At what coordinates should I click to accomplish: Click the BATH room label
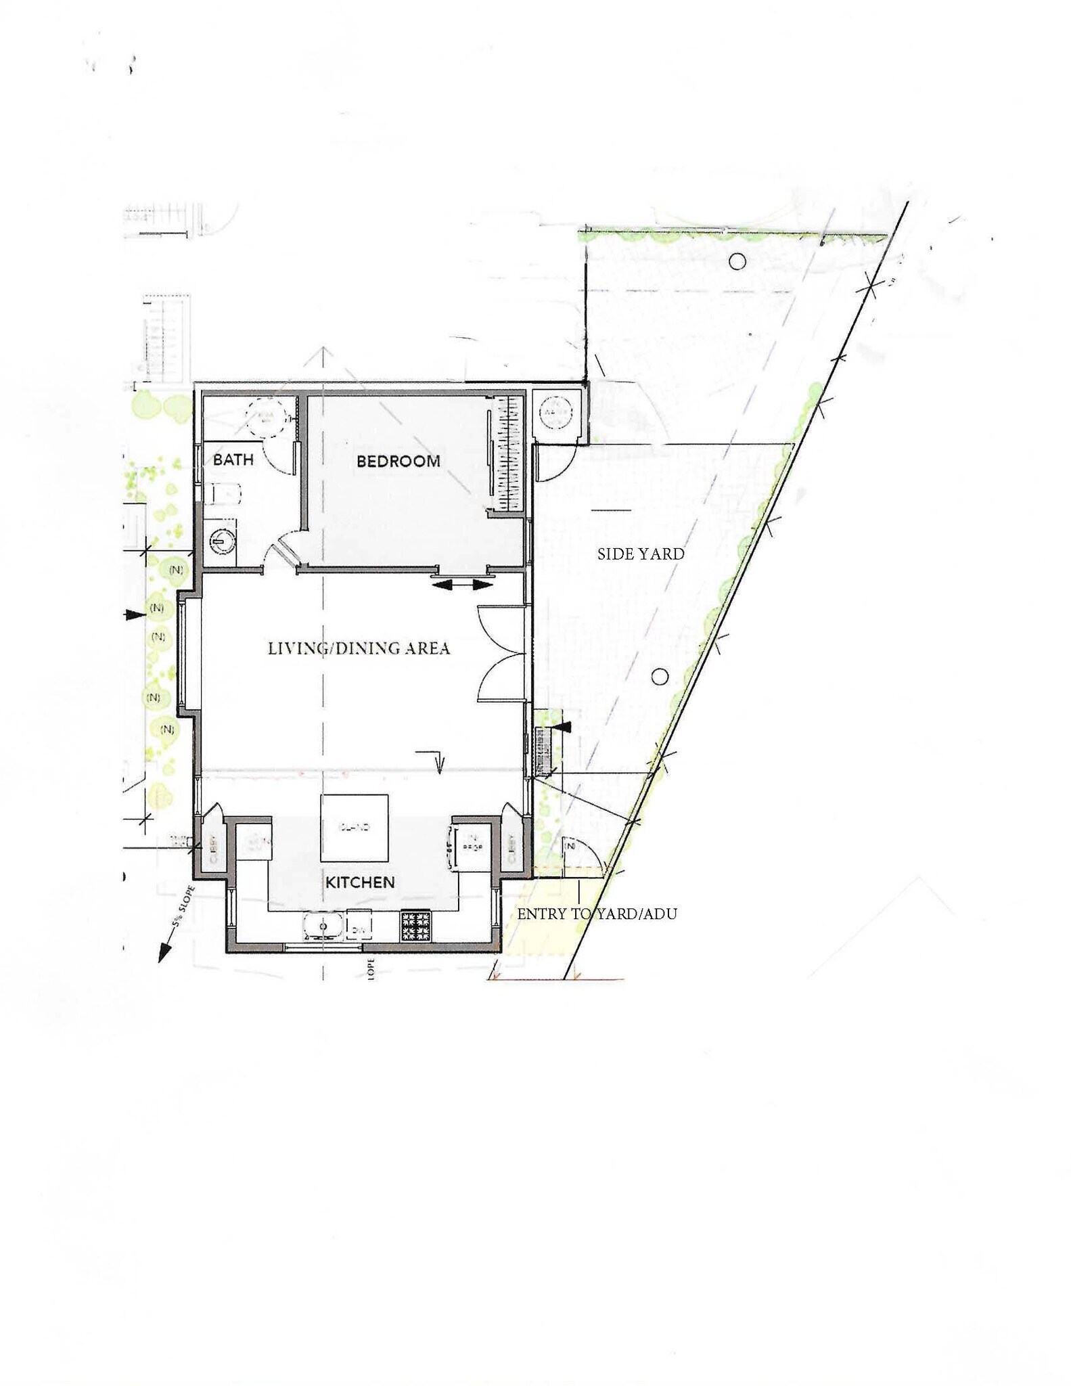(x=233, y=460)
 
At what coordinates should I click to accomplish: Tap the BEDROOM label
(x=398, y=462)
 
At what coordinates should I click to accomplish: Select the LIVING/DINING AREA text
(x=359, y=648)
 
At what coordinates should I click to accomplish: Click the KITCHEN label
(x=360, y=882)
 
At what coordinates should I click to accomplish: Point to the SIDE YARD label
(x=641, y=554)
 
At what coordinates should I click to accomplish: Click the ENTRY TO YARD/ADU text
(x=597, y=914)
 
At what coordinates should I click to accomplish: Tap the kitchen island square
(x=354, y=828)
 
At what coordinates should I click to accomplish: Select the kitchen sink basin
(x=322, y=926)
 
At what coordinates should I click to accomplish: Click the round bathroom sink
(x=221, y=541)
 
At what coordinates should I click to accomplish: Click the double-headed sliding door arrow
(x=462, y=584)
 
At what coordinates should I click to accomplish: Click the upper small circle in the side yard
(x=737, y=261)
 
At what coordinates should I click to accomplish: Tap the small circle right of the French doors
(x=660, y=676)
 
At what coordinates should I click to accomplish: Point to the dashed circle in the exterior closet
(x=555, y=411)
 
